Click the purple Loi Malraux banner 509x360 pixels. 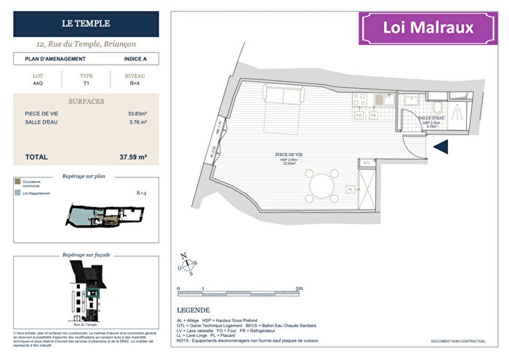click(x=428, y=29)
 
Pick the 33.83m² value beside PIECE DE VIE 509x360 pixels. click(x=136, y=113)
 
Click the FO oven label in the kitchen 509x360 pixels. click(x=358, y=115)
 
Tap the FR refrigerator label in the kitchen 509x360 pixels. click(x=373, y=115)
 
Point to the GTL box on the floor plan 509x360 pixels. click(x=367, y=164)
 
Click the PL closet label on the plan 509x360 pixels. click(x=350, y=189)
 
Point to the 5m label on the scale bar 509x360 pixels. click(x=299, y=289)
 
